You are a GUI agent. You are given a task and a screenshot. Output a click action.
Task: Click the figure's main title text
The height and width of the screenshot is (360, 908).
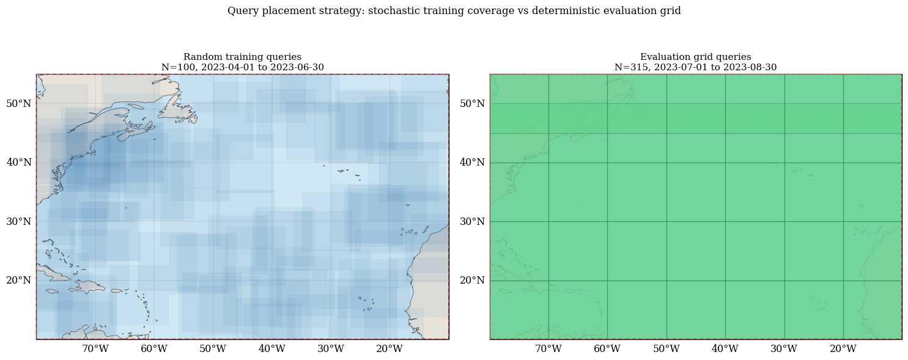454,10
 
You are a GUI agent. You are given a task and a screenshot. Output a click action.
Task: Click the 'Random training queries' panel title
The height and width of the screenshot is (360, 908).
242,57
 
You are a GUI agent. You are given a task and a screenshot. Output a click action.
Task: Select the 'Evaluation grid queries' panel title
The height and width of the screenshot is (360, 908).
696,57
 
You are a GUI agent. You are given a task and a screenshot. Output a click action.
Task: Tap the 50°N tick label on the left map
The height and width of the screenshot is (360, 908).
18,104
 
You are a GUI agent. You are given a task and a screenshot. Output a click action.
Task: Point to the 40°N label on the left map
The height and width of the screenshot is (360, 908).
18,163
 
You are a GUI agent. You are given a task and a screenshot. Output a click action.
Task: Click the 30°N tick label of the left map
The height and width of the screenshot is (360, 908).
18,221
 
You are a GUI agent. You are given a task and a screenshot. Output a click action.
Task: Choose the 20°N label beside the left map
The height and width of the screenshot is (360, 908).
18,281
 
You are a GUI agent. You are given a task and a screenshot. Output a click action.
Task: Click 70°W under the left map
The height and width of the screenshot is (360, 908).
95,348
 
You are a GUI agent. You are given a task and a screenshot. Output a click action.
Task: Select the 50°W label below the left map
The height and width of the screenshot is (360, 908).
213,348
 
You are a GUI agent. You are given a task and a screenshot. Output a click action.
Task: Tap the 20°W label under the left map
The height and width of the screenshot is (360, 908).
389,348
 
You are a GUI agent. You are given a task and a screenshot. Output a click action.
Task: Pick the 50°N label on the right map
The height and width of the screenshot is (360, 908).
472,104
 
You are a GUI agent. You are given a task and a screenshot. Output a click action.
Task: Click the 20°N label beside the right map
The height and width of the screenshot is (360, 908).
472,281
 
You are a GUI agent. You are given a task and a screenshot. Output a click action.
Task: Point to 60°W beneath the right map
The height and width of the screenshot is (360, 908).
607,348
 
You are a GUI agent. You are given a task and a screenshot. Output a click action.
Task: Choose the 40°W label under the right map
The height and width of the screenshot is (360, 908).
725,348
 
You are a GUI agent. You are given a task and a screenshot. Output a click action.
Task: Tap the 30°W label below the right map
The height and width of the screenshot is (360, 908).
784,348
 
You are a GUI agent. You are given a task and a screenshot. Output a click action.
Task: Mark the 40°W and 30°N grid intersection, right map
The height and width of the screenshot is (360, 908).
725,221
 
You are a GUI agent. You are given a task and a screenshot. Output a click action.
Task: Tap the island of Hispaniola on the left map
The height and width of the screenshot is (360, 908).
87,287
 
